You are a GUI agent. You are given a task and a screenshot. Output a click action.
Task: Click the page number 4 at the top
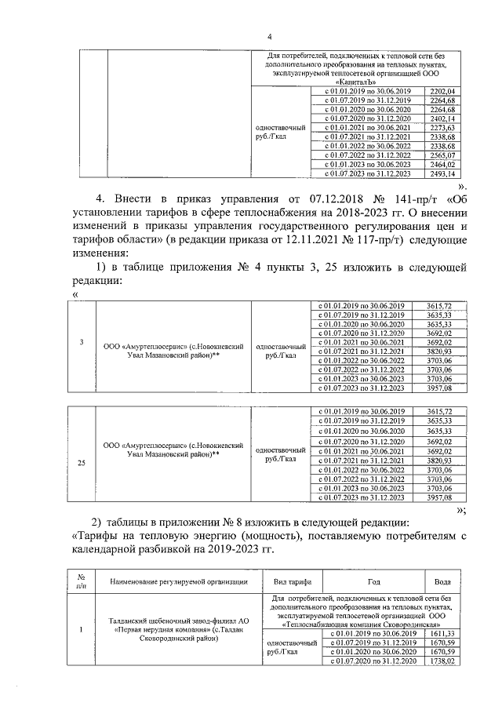(270, 37)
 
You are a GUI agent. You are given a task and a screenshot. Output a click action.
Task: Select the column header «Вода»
(442, 581)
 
